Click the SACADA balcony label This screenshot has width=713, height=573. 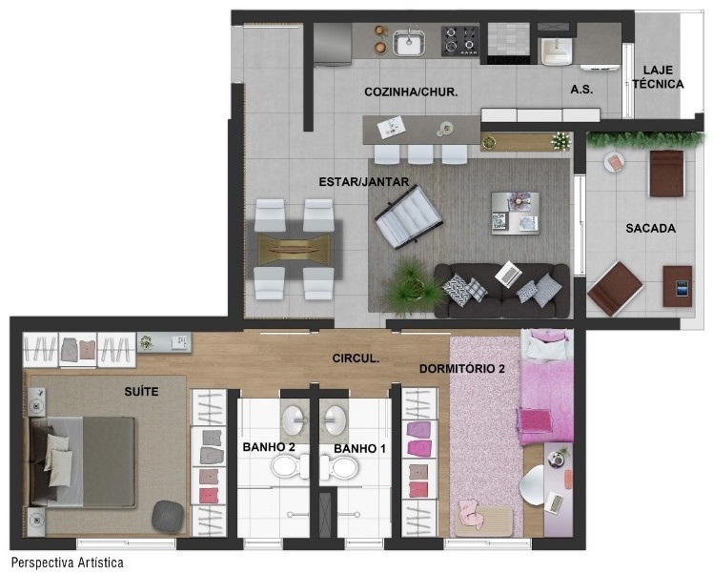click(650, 228)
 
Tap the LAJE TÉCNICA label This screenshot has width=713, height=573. click(658, 77)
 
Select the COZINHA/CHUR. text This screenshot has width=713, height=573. click(411, 92)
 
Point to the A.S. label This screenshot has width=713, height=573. click(581, 90)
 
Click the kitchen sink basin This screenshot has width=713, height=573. click(409, 43)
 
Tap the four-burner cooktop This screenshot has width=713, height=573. click(459, 40)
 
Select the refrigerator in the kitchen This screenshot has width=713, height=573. click(333, 45)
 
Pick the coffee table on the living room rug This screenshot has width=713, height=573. click(515, 214)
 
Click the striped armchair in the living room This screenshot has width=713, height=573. click(408, 217)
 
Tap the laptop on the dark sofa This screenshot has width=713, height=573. click(508, 274)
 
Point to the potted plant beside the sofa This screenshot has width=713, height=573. click(409, 286)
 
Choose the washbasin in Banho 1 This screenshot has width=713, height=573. click(334, 420)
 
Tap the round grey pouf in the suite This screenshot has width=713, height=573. click(168, 517)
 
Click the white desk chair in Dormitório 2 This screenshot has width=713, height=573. click(532, 484)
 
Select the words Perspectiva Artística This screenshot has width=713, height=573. click(68, 563)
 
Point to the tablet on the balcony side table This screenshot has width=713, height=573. click(682, 288)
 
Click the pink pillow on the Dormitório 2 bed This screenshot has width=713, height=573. click(534, 420)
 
